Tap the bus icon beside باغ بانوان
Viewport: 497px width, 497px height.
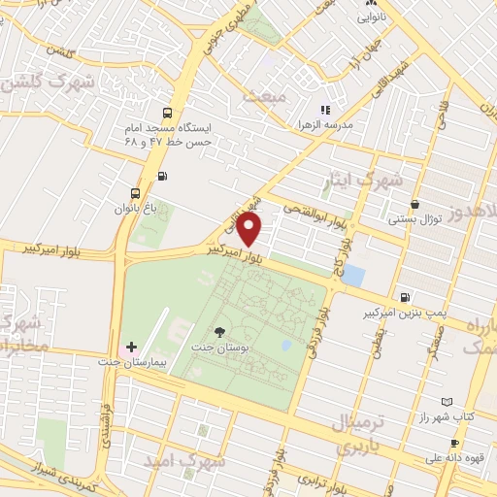point(135,192)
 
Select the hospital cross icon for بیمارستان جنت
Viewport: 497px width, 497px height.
point(132,347)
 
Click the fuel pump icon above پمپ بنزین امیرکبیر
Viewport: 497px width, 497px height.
point(405,298)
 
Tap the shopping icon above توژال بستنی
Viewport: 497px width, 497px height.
point(416,205)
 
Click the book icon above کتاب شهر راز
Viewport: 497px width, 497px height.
point(447,401)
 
